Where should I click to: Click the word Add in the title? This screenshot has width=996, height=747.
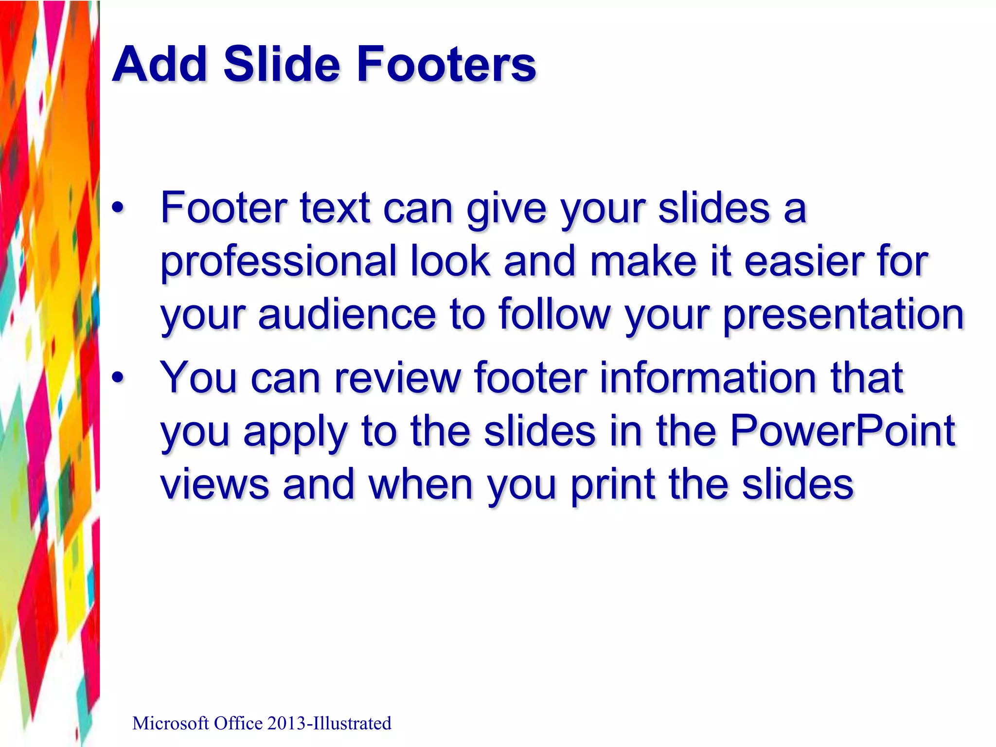click(161, 64)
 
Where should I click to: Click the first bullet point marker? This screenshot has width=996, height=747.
click(118, 208)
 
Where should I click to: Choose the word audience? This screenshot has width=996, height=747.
click(347, 315)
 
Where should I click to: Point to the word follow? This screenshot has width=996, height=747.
click(554, 315)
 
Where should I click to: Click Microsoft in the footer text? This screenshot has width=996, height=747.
click(171, 724)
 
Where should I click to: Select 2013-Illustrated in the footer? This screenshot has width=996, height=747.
click(329, 724)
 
